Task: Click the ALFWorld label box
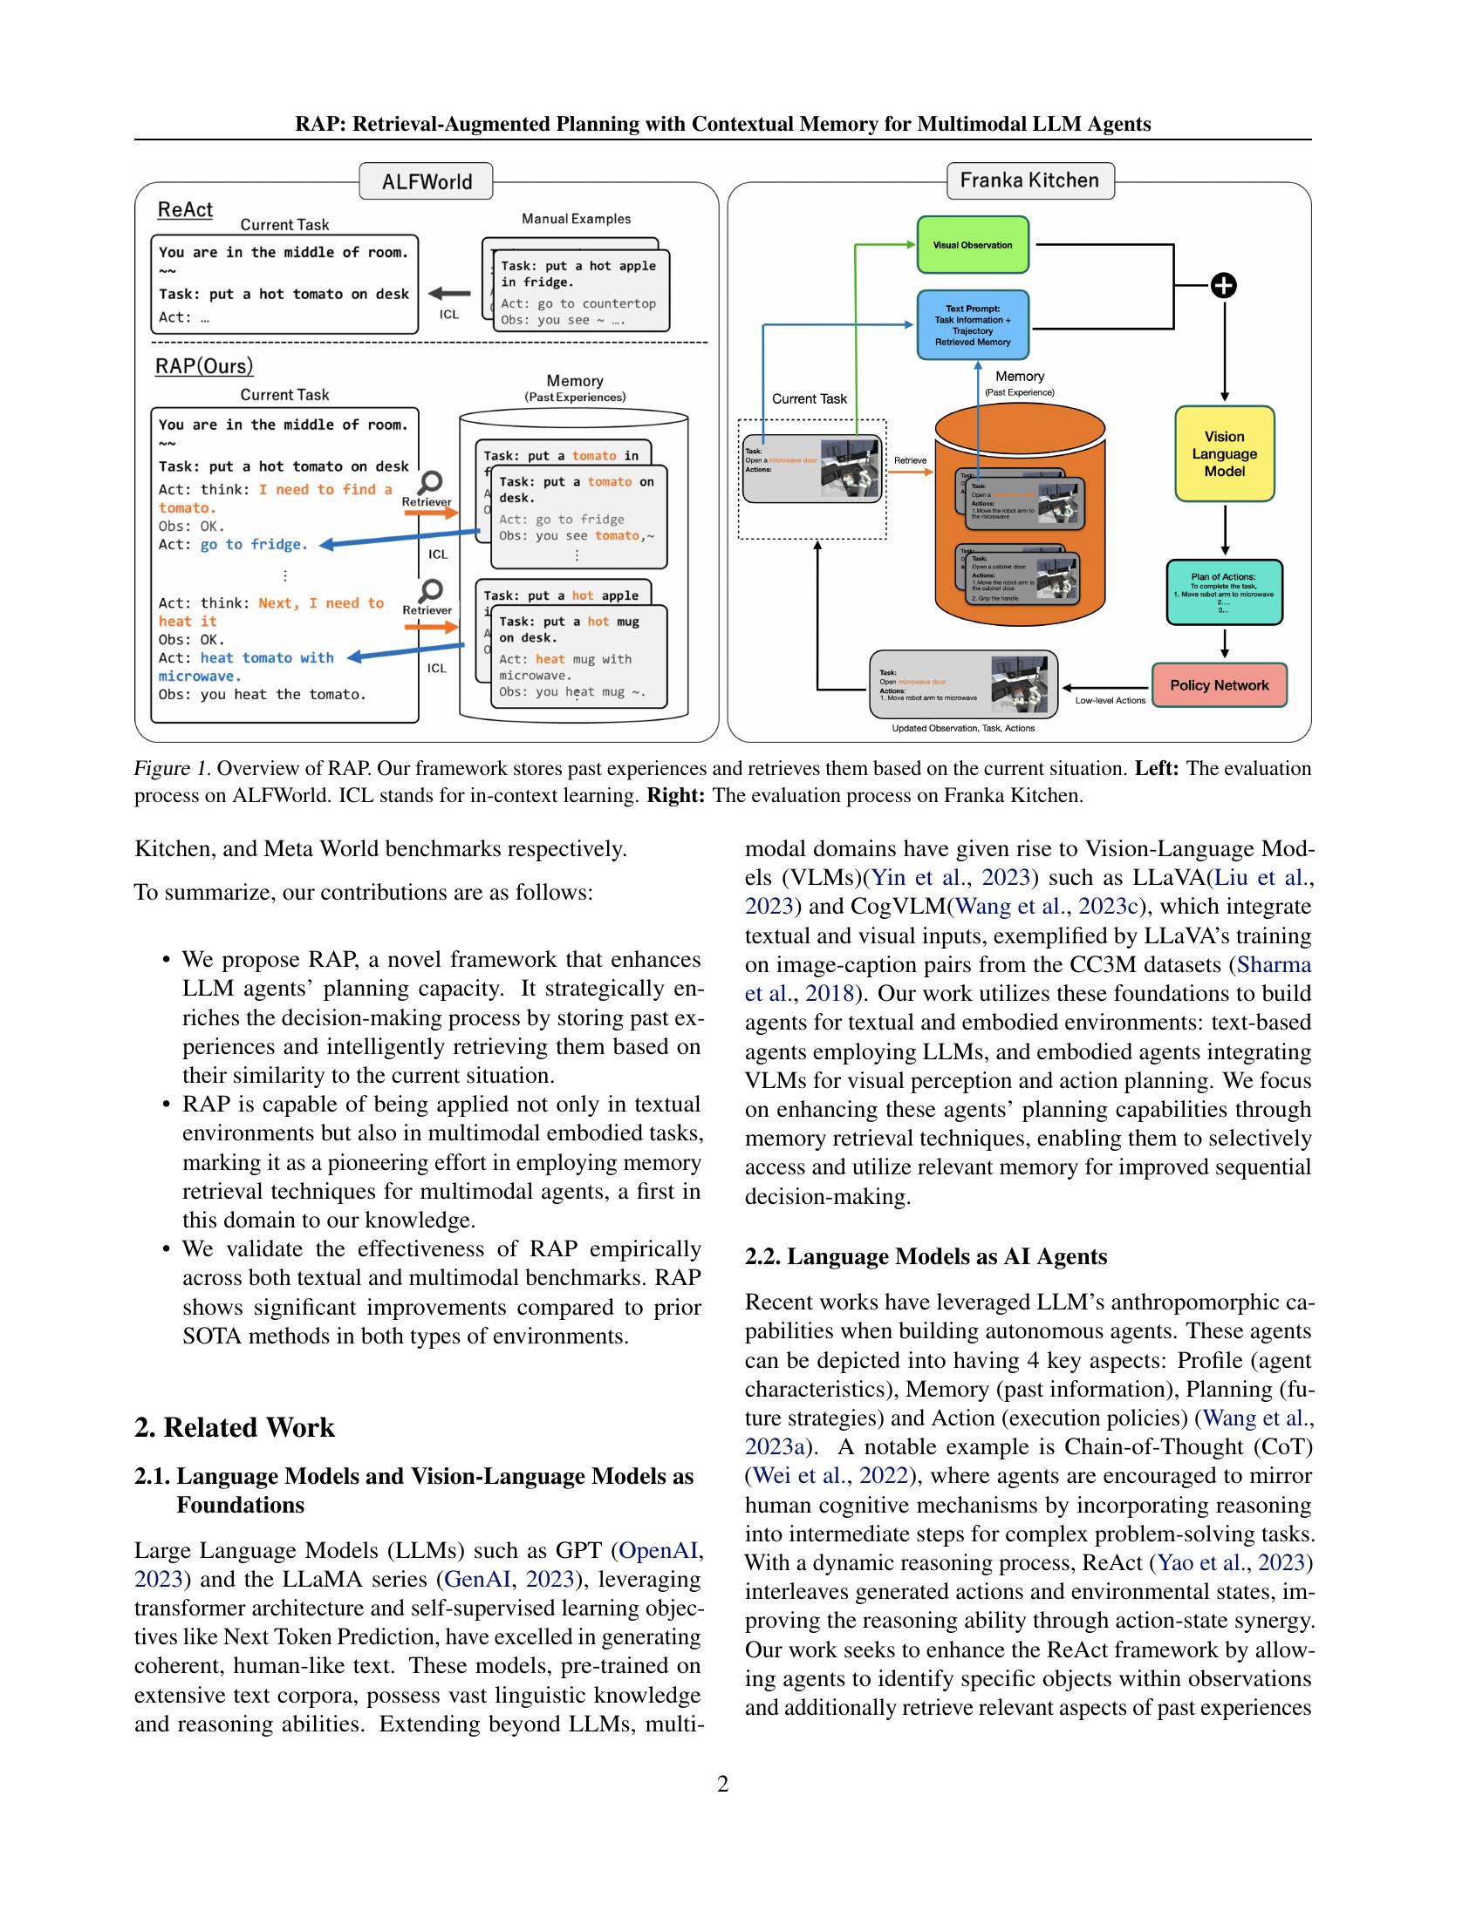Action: (x=426, y=182)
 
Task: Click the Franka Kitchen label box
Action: (x=1029, y=180)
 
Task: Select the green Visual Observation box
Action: (x=972, y=245)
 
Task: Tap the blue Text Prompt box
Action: (x=972, y=325)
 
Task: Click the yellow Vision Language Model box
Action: (x=1224, y=454)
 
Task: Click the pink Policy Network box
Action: (x=1219, y=685)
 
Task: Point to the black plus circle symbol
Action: (x=1224, y=285)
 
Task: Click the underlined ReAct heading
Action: (x=184, y=210)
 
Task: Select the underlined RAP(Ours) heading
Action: (x=204, y=366)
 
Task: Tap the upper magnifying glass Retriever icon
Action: (x=430, y=482)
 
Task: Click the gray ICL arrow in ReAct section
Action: (x=450, y=294)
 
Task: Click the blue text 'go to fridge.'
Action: (x=254, y=545)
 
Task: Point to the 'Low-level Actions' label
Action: (x=1110, y=700)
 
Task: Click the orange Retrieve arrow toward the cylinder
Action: (x=910, y=473)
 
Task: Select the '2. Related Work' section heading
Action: (x=235, y=1427)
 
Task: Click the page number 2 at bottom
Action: (x=722, y=1784)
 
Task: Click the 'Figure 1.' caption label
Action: (x=172, y=768)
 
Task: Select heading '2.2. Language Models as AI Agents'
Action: (x=925, y=1255)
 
